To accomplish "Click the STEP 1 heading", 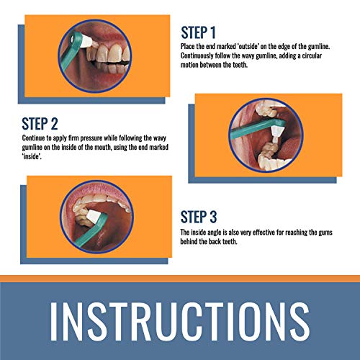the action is click(198, 32).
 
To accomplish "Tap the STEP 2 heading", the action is click(40, 124).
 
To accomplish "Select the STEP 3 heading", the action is click(199, 217).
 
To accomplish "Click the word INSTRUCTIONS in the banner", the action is click(180, 321).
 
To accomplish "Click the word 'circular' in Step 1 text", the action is click(312, 55).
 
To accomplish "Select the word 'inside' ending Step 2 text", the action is click(32, 156).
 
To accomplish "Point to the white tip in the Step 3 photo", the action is click(92, 216).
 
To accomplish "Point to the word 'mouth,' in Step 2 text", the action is click(103, 147).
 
